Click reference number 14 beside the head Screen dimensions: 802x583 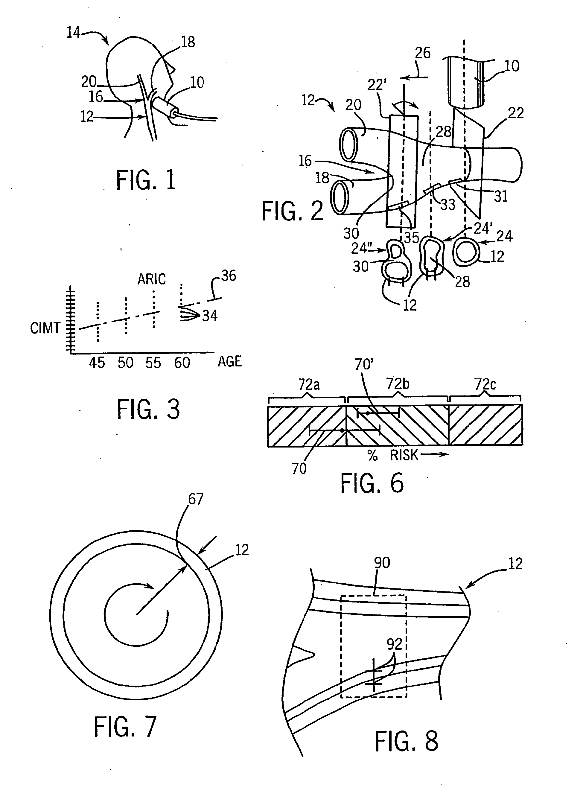(x=74, y=33)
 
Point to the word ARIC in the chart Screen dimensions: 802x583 (x=151, y=279)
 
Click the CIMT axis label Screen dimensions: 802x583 (x=45, y=328)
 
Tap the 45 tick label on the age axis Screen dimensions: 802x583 (x=97, y=363)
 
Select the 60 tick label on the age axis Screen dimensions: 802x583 (x=182, y=363)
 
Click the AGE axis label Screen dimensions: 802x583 (x=230, y=362)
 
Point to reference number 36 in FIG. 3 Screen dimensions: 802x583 (x=229, y=276)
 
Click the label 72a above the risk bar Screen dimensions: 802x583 (x=309, y=384)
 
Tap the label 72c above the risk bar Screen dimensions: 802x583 (x=485, y=384)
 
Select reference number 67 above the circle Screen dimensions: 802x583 (x=196, y=499)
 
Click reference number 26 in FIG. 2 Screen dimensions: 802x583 (x=422, y=53)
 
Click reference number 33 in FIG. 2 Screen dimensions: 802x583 (x=447, y=204)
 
